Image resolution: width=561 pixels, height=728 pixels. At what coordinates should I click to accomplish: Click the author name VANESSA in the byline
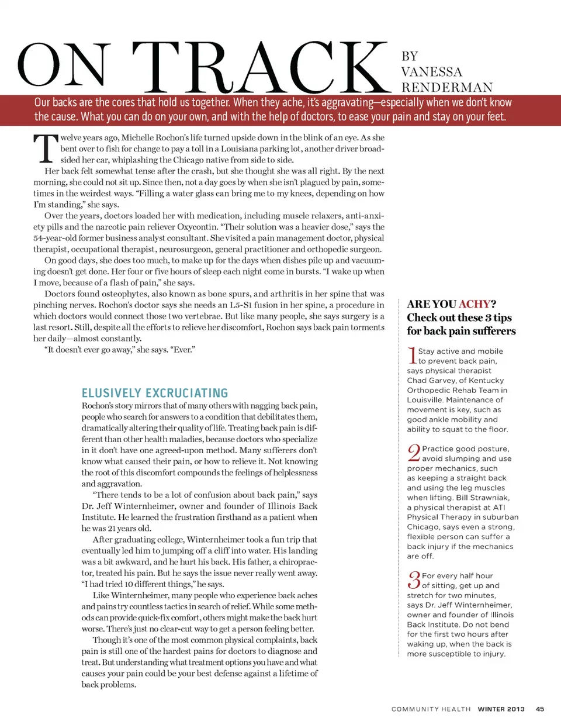[431, 72]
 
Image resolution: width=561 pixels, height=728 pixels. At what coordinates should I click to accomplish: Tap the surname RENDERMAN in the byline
[447, 88]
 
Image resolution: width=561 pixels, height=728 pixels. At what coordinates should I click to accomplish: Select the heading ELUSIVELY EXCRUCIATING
[155, 393]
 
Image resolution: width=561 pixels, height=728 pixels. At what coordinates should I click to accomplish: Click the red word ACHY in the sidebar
[475, 304]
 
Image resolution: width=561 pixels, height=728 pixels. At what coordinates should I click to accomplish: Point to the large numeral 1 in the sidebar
[412, 356]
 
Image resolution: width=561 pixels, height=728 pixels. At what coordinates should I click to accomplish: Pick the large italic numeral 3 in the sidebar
[414, 580]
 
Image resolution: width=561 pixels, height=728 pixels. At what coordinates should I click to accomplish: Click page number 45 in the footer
[540, 709]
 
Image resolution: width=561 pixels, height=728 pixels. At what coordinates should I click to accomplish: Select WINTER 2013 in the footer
[501, 709]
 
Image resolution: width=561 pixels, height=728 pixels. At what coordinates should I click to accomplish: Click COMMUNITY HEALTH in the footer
[431, 709]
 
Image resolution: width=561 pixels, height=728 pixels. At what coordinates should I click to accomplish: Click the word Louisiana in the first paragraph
[241, 149]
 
